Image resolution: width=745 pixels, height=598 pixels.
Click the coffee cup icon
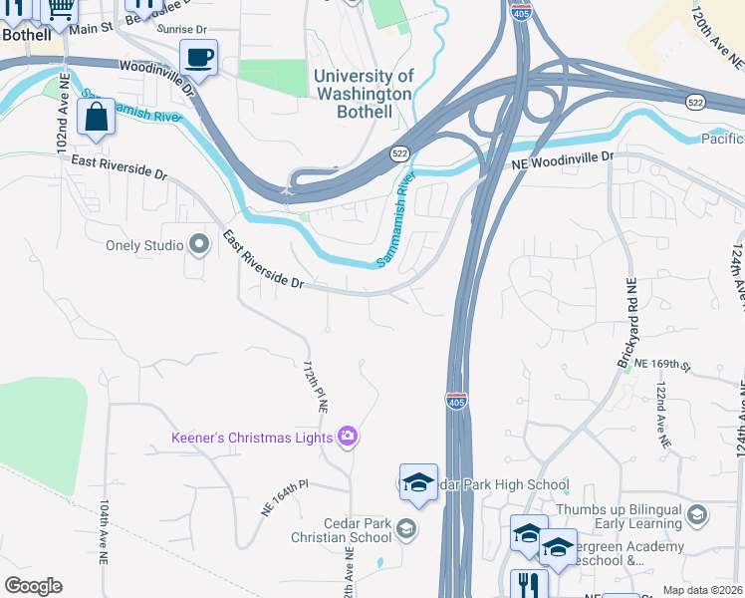199,58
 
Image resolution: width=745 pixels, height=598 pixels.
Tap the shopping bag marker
95,118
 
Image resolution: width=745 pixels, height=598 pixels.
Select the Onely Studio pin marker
199,244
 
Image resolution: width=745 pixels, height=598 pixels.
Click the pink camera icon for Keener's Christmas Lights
348,435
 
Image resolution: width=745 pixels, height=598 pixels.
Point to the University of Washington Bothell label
364,94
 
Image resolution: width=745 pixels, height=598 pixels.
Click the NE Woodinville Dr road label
563,158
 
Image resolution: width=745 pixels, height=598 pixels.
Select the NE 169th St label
663,366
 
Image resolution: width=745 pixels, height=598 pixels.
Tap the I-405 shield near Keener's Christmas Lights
456,401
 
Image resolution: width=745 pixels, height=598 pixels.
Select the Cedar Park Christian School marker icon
405,527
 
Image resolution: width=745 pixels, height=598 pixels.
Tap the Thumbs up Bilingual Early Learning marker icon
697,514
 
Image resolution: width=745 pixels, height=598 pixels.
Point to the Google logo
33,585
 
